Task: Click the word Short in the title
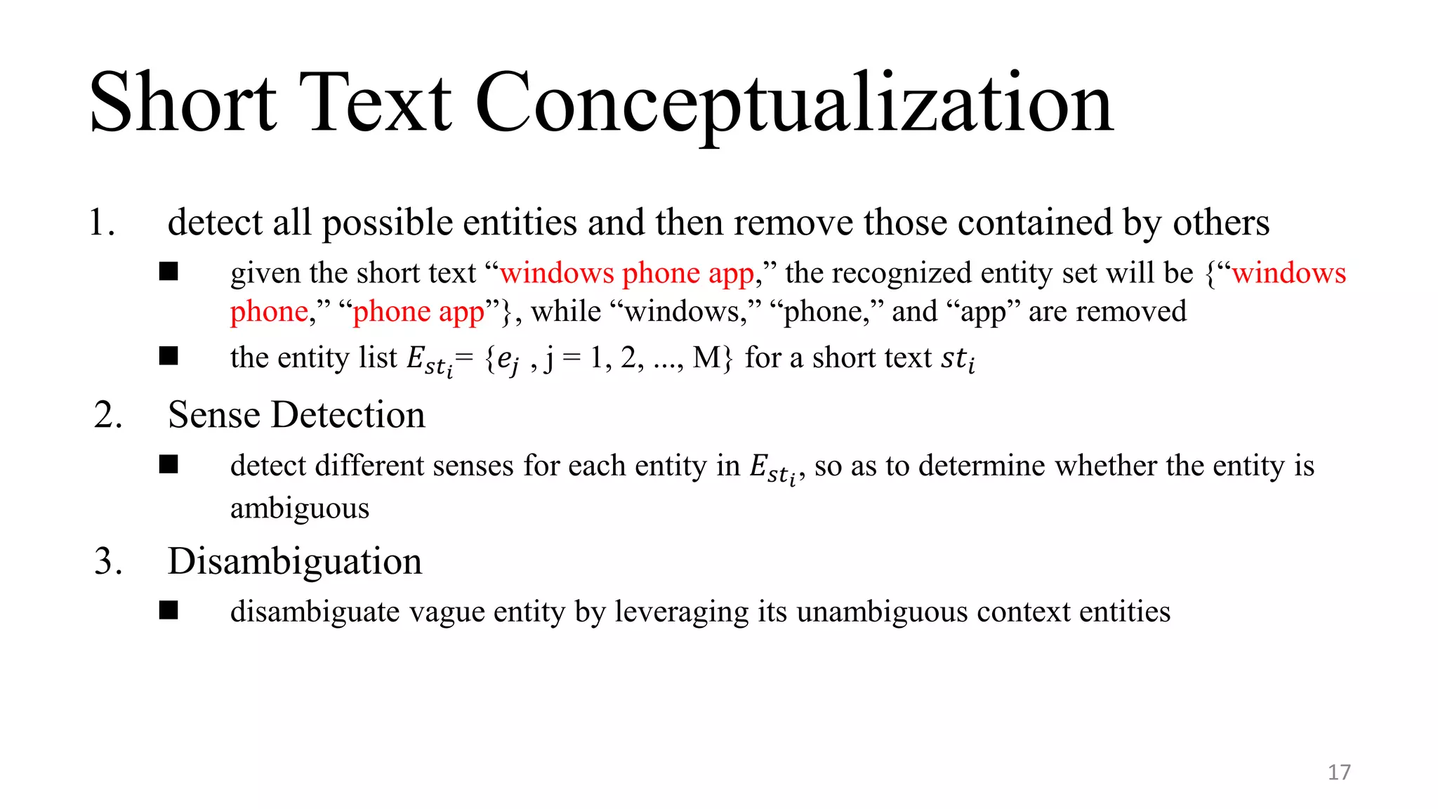coord(183,103)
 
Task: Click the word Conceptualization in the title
coord(794,103)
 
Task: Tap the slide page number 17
coord(1338,772)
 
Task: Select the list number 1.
coord(103,223)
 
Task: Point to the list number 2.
coord(108,415)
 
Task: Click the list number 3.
coord(108,562)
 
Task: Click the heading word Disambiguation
coord(295,562)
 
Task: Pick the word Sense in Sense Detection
coord(214,415)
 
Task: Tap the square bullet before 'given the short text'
coord(169,272)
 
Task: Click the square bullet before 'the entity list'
coord(169,357)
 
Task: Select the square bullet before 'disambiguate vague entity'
coord(169,610)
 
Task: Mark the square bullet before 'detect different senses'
coord(169,465)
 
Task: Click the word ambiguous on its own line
coord(300,508)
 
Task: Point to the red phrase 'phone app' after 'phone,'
coord(418,312)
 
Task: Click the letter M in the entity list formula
coord(706,358)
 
